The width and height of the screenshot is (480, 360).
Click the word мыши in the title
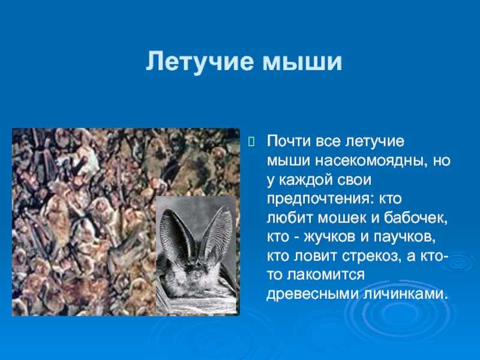click(302, 62)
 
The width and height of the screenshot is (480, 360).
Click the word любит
click(289, 218)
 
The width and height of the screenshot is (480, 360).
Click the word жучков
click(329, 238)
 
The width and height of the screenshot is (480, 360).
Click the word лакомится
click(326, 275)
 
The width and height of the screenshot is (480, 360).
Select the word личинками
click(403, 294)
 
